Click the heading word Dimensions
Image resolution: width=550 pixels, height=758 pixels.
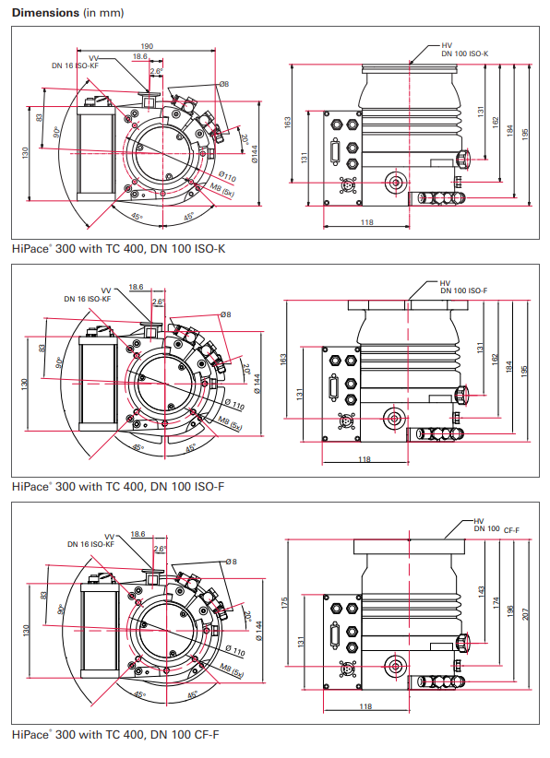45,13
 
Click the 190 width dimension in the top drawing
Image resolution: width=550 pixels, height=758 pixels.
147,46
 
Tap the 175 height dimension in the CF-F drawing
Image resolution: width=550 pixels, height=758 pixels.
284,602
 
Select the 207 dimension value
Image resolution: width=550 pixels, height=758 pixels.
526,613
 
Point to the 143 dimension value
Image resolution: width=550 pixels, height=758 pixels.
481,592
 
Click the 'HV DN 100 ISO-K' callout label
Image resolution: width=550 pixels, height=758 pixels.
464,50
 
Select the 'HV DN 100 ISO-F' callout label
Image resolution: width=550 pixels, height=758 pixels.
463,287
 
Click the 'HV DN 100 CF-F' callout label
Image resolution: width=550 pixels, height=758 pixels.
496,526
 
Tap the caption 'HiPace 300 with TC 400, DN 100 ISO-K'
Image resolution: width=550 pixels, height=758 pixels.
119,248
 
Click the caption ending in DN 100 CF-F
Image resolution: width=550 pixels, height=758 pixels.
115,734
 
